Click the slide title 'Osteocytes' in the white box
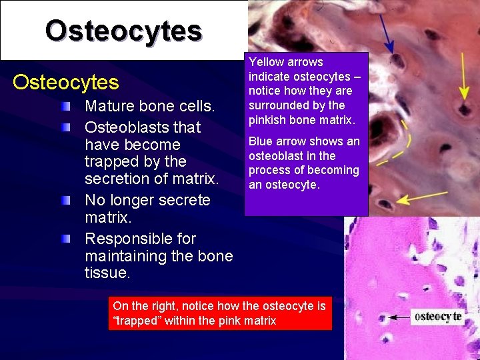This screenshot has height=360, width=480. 123,30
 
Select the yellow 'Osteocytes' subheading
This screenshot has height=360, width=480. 66,83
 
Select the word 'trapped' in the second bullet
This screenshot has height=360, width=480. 110,162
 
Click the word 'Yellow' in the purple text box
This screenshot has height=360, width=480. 265,62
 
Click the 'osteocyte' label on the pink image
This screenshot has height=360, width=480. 437,317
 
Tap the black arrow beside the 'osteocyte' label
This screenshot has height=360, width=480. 399,318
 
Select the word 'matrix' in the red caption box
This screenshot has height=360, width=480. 257,321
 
